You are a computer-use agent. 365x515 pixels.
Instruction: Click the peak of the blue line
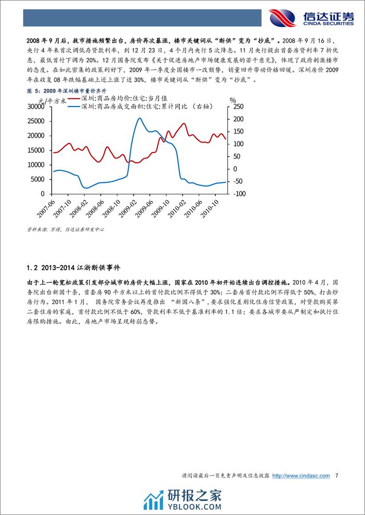139,118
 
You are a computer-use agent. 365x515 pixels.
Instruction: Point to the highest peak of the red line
184,124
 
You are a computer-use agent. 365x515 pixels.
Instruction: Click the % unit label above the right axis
233,99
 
